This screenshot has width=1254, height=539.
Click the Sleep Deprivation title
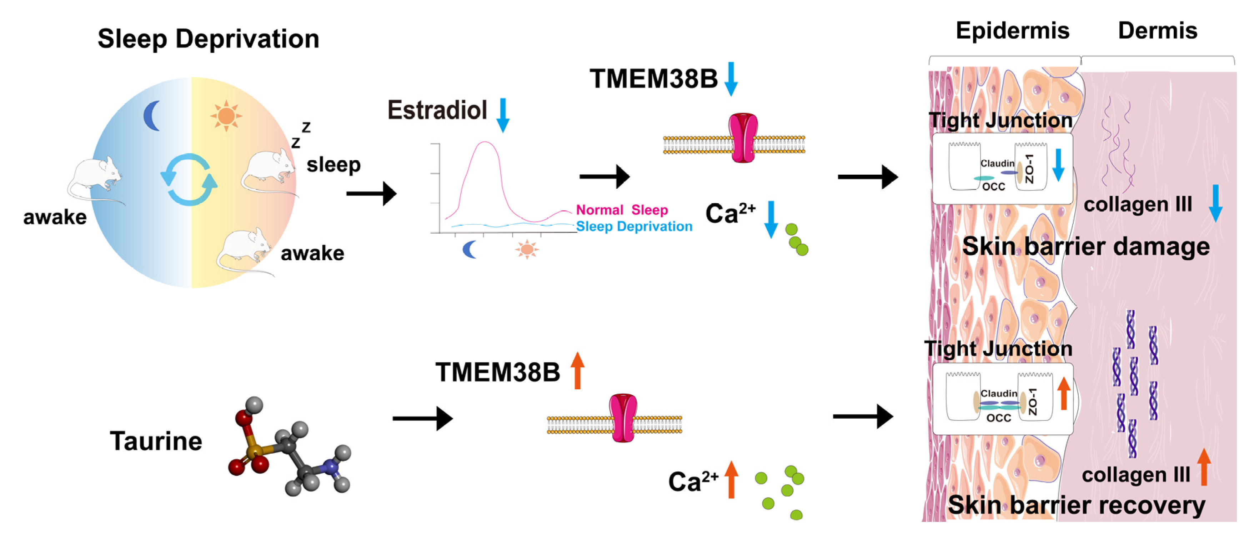point(209,39)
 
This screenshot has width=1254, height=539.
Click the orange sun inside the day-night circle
point(226,116)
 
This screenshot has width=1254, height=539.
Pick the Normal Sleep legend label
point(622,210)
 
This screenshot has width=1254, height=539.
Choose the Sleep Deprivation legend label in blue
point(634,226)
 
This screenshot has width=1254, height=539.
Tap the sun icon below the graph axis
point(527,249)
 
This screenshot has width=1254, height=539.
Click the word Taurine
point(156,441)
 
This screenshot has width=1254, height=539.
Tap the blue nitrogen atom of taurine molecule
point(331,467)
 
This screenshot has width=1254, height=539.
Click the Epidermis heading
point(1013,31)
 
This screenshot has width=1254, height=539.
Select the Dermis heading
point(1157,31)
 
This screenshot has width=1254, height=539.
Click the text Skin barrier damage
point(1085,246)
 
